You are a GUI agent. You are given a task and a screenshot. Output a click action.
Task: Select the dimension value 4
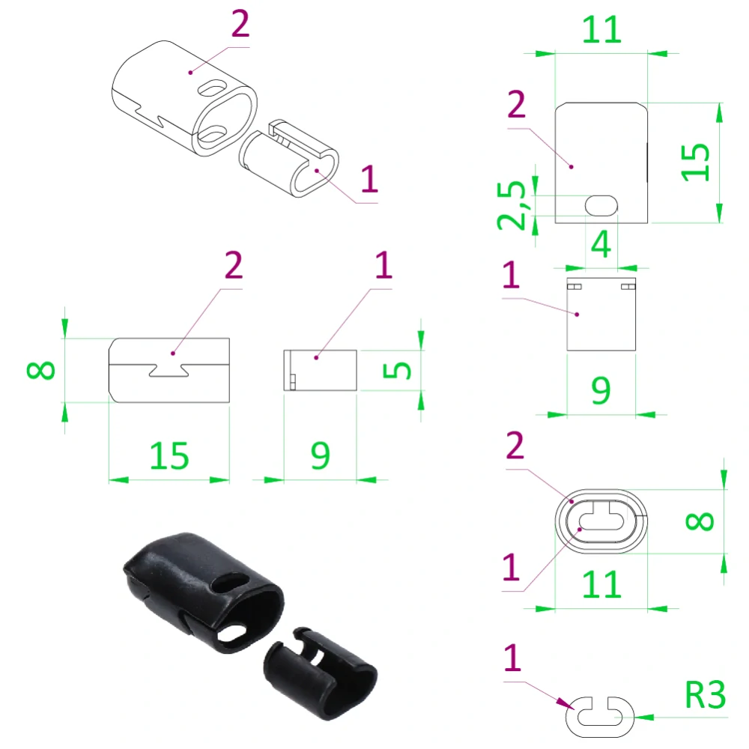pos(601,244)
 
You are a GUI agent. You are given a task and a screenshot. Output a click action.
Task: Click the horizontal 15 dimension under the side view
pos(169,455)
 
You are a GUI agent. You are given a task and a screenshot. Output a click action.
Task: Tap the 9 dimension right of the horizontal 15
pos(320,455)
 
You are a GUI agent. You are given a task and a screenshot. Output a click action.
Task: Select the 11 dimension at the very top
pos(601,29)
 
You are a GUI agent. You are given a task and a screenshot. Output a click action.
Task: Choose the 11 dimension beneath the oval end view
pos(601,584)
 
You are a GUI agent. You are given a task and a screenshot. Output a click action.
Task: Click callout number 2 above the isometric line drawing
pos(240,25)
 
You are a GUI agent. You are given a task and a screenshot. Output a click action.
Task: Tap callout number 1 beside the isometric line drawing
pos(369,181)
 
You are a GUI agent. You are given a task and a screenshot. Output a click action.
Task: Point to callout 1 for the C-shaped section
pos(512,659)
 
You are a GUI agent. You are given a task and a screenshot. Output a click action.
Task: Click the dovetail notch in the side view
pos(169,369)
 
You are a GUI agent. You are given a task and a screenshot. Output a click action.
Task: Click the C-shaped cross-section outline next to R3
pos(599,715)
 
